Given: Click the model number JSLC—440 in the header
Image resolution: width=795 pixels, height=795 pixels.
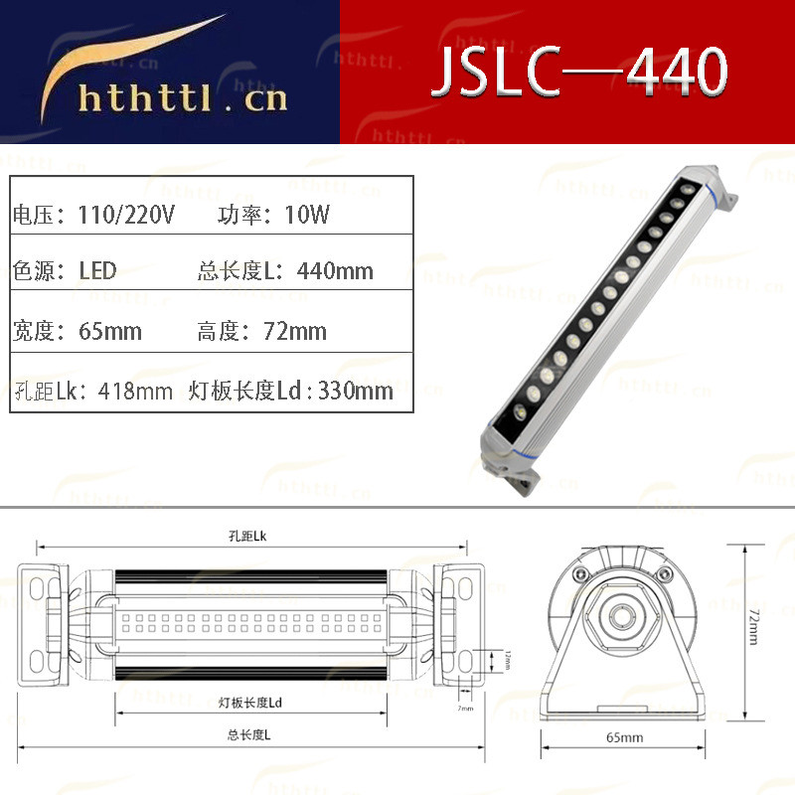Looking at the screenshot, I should coord(579,72).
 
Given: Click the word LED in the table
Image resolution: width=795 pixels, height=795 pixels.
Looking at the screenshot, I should coord(97,270).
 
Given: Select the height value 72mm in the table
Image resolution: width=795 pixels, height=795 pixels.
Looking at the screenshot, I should coord(295,331).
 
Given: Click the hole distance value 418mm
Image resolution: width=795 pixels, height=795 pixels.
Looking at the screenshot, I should coord(135,391).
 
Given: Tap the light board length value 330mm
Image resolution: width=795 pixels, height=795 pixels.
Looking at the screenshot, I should coord(355,391).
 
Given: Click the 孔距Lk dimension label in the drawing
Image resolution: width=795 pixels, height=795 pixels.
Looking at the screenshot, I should coord(247,536).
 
